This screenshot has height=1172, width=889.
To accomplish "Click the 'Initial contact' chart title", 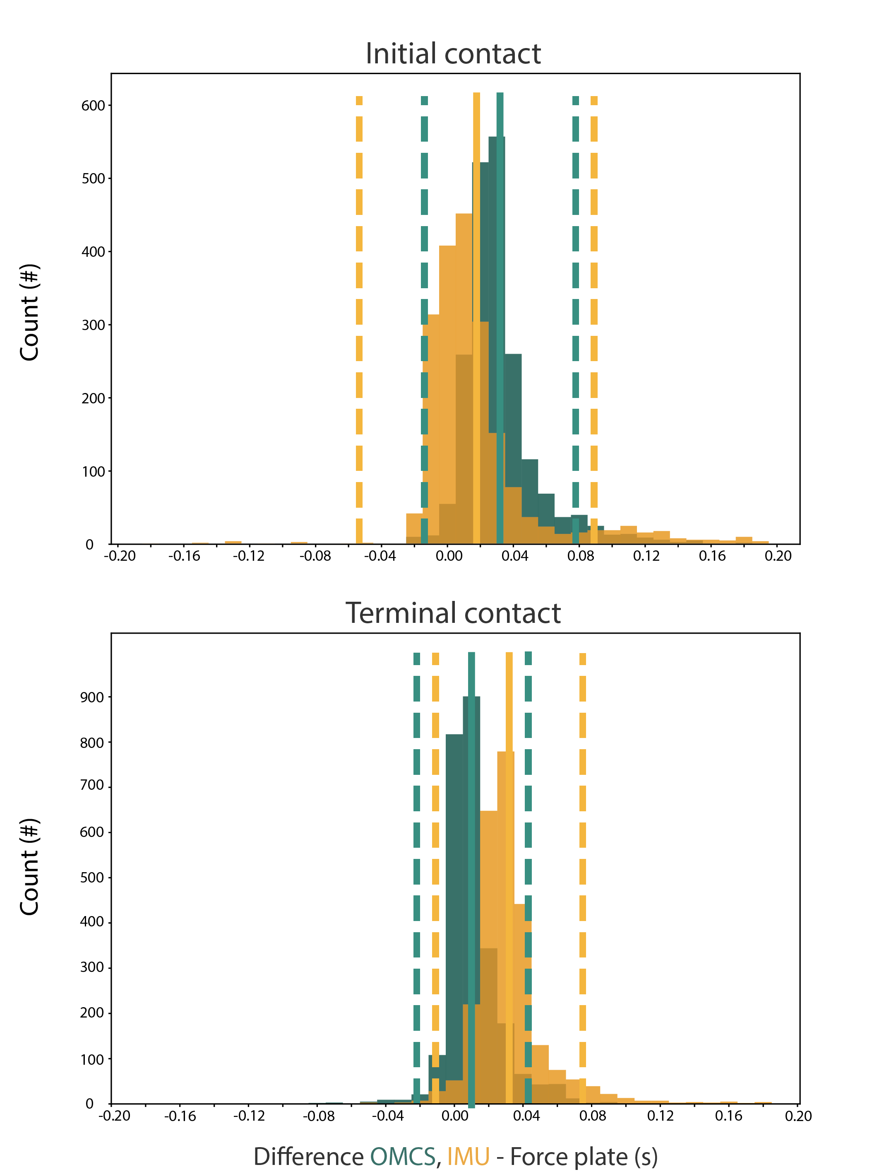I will click(453, 54).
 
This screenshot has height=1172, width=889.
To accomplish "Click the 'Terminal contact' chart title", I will click(453, 614).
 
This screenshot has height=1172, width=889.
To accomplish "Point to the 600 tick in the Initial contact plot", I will click(93, 106).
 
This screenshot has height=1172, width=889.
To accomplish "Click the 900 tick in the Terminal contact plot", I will click(92, 697).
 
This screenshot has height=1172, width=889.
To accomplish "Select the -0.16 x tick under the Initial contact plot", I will click(184, 556).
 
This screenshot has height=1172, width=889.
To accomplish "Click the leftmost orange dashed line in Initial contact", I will click(359, 318).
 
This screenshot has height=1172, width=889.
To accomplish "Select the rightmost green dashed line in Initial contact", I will click(576, 318).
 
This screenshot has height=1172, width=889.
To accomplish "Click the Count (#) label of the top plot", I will click(30, 313).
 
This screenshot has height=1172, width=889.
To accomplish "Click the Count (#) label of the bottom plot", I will click(30, 866).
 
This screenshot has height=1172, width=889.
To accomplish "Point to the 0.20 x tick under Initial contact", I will click(778, 556).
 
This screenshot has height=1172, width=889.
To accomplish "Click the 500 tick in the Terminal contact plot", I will click(92, 878).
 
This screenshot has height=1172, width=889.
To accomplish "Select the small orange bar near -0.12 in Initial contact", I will click(233, 543).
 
